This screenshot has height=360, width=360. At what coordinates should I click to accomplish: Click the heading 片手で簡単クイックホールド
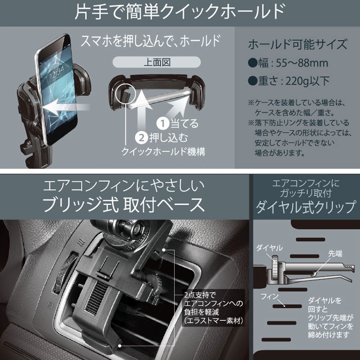[x=180, y=13]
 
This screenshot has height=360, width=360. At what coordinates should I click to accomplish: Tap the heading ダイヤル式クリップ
[x=306, y=207]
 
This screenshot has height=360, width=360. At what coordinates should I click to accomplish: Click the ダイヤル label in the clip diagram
[x=269, y=247]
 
